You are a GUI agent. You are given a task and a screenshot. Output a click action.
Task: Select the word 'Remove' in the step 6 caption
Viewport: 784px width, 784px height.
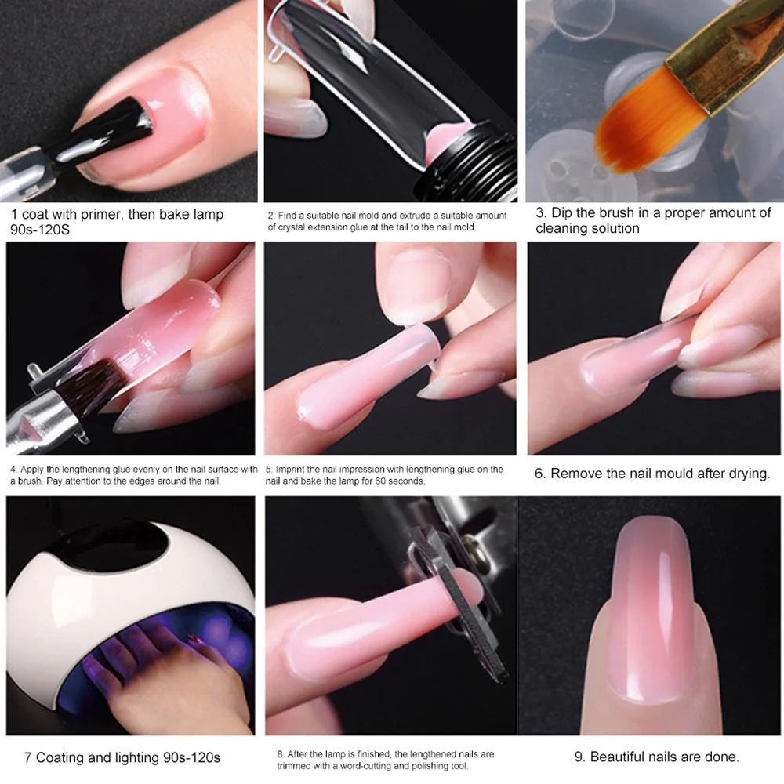pos(577,474)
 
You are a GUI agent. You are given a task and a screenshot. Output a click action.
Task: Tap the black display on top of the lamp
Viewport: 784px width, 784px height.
pos(110,548)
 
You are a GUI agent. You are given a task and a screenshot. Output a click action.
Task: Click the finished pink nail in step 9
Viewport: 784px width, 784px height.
pos(651,596)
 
